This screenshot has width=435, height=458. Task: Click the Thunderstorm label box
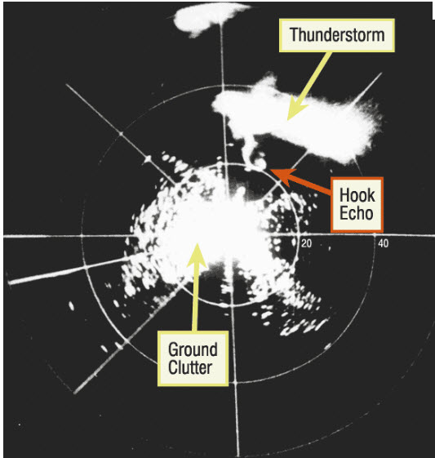point(337,35)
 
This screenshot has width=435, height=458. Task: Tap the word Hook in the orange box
point(357,195)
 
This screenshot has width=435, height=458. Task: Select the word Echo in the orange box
point(357,213)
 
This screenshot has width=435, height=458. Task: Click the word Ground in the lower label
point(193,350)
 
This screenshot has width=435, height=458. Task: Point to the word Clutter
point(190,367)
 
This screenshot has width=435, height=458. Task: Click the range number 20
point(306,243)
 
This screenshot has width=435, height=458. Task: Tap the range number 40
point(383,243)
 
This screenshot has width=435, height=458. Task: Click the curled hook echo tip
point(260,162)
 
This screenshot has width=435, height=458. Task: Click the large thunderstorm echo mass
point(298,122)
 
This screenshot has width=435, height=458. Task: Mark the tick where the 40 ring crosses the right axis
point(375,234)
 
